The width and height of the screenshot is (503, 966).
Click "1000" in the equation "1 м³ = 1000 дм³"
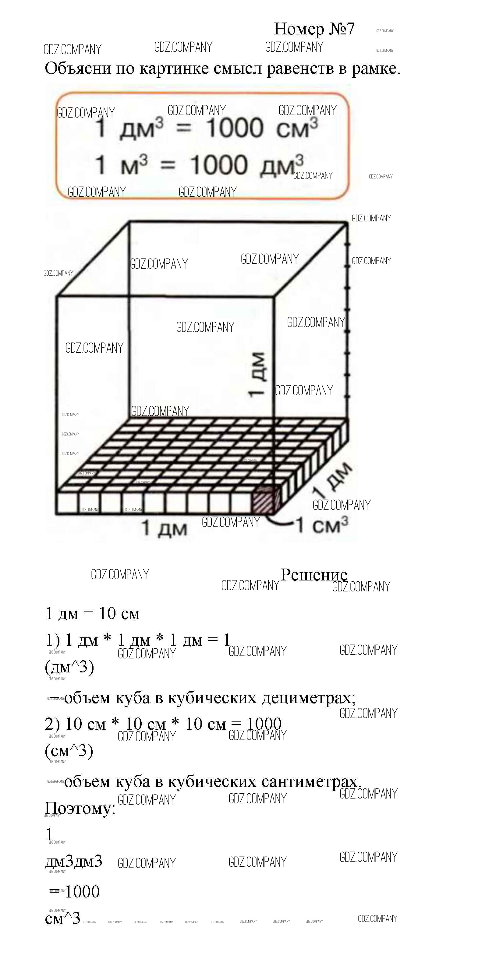pyautogui.click(x=219, y=165)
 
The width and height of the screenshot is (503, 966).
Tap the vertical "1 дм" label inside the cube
pyautogui.click(x=257, y=374)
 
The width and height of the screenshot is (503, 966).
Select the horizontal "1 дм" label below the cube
pyautogui.click(x=164, y=528)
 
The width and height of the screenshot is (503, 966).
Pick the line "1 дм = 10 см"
pyautogui.click(x=92, y=614)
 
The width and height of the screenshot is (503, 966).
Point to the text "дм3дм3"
pyautogui.click(x=73, y=861)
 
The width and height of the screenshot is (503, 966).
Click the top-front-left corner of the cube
pyautogui.click(x=56, y=297)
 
